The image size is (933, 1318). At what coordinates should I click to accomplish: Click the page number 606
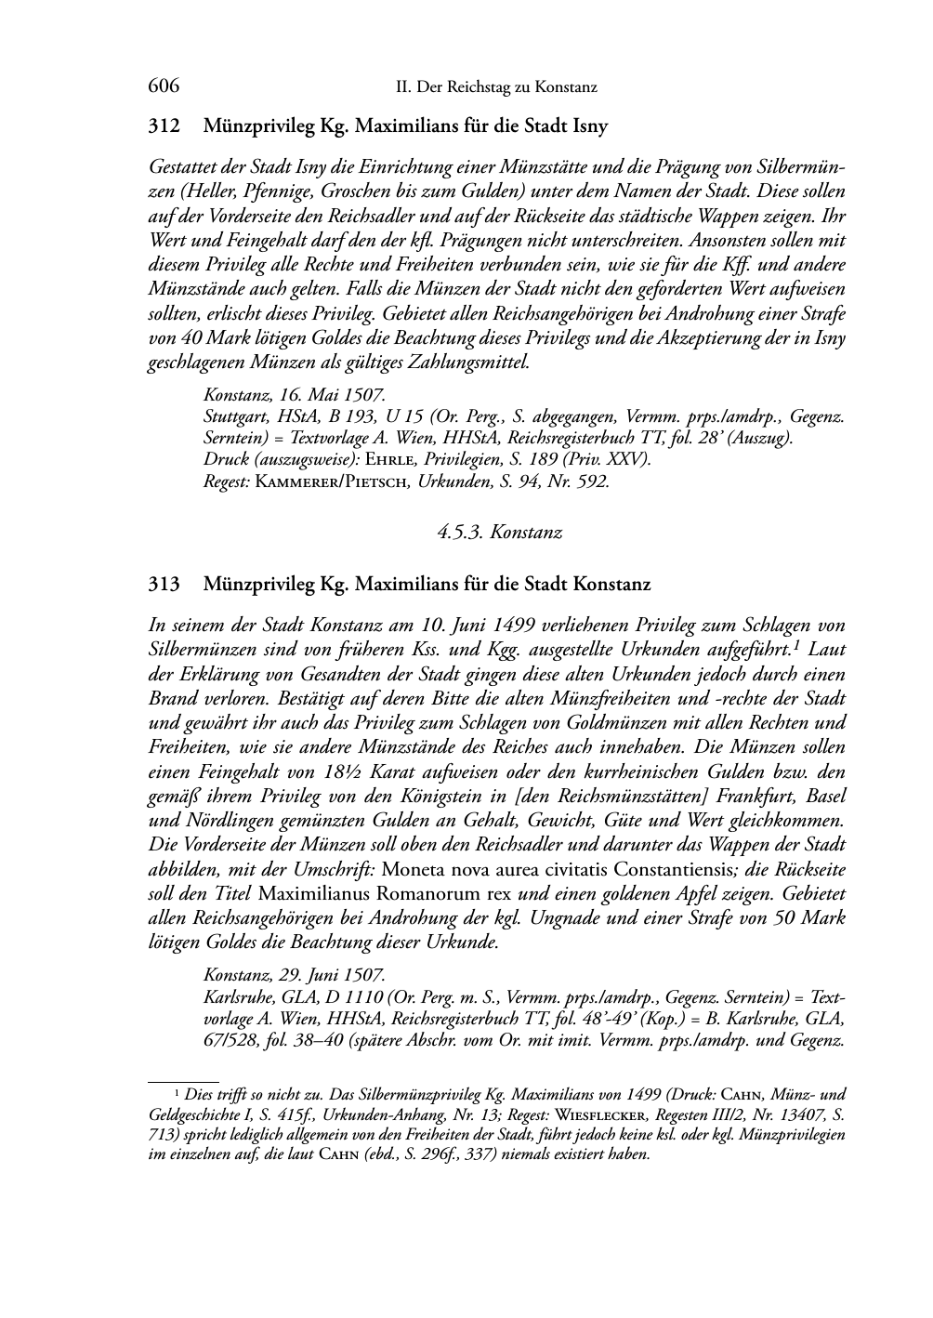(164, 86)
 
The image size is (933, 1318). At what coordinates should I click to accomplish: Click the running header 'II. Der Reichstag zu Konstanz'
(495, 87)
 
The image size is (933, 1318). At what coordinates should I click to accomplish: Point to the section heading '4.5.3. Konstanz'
(500, 532)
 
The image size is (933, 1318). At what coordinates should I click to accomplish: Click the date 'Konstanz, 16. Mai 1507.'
(294, 395)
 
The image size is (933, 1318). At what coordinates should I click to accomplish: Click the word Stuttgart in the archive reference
(235, 416)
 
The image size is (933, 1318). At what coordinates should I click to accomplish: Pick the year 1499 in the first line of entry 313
(494, 625)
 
